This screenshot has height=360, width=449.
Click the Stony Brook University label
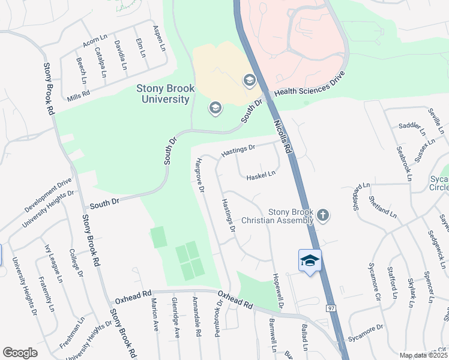pos(165,94)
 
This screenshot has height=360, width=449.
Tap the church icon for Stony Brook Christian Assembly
pos(323,215)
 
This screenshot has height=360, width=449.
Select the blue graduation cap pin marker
pos(310,261)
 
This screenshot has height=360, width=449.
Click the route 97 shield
pos(331,308)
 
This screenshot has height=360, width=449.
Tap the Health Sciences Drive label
pos(310,84)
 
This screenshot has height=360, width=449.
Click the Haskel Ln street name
pos(261,175)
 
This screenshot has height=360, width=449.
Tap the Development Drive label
pos(48,194)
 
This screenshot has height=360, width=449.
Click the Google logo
pos(20,353)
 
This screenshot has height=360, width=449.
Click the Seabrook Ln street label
pos(403,161)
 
